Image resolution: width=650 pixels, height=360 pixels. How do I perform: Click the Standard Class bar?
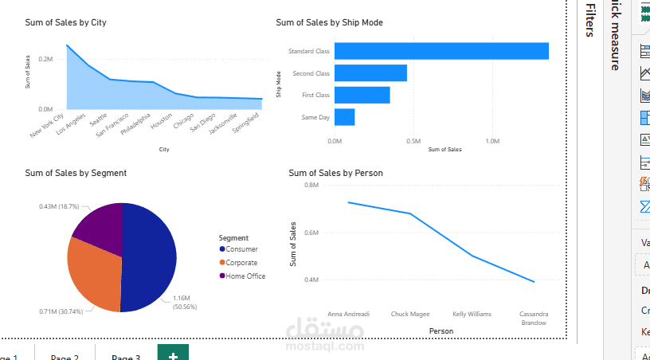pyautogui.click(x=441, y=51)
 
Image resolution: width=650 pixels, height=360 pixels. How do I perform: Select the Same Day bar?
pyautogui.click(x=344, y=117)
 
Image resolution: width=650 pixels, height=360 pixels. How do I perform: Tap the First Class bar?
pyautogui.click(x=362, y=95)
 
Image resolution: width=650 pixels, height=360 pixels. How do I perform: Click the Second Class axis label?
pyautogui.click(x=311, y=73)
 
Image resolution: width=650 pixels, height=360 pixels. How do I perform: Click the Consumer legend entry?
pyautogui.click(x=241, y=249)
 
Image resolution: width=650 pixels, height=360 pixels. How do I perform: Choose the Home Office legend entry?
pyautogui.click(x=245, y=276)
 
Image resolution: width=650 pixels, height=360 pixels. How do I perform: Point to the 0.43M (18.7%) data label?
pyautogui.click(x=59, y=206)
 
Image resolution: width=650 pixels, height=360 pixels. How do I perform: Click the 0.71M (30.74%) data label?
pyautogui.click(x=61, y=311)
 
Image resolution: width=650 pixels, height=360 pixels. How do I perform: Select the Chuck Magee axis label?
pyautogui.click(x=410, y=314)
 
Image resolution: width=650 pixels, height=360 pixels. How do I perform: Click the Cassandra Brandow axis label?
pyautogui.click(x=533, y=318)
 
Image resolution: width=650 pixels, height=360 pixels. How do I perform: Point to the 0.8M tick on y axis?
pyautogui.click(x=311, y=185)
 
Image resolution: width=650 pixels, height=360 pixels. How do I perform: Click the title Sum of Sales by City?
pyautogui.click(x=65, y=23)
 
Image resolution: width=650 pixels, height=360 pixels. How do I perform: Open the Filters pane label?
pyautogui.click(x=590, y=20)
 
